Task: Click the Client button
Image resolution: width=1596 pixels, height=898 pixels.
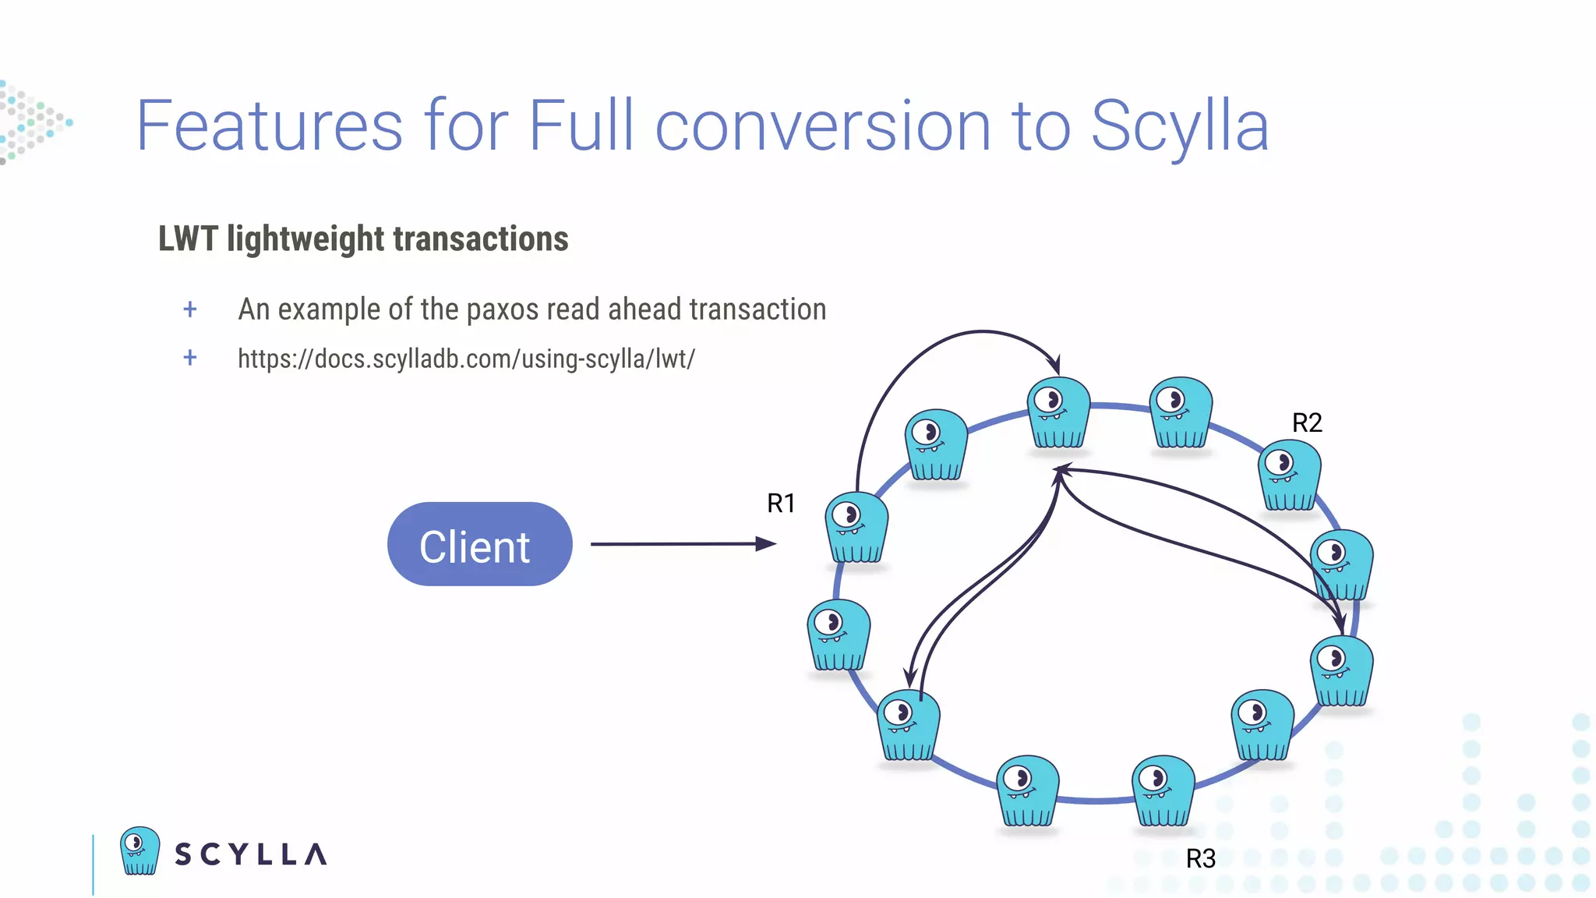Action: [479, 544]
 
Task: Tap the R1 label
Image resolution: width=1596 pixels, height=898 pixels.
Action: [781, 504]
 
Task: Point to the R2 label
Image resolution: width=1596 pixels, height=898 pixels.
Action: [1307, 423]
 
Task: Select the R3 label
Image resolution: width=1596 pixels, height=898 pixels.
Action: [1200, 859]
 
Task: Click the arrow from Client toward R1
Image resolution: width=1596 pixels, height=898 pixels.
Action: [682, 544]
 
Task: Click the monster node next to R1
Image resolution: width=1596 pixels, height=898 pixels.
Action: [856, 528]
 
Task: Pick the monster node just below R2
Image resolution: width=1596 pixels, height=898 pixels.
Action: [1289, 476]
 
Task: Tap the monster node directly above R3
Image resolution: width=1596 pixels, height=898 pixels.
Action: [1163, 791]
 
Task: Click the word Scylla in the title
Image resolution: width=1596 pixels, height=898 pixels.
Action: [1180, 126]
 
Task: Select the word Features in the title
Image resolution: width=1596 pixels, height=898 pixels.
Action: [270, 126]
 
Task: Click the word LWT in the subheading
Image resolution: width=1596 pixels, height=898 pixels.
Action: [188, 239]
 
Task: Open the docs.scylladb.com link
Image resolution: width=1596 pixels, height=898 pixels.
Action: [466, 359]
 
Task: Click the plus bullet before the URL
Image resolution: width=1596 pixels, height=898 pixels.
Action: [190, 358]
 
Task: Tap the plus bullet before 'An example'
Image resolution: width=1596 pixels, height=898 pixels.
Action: [190, 309]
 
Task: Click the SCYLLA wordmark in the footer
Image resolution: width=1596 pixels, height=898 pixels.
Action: [250, 854]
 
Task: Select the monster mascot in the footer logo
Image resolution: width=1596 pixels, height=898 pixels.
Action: [140, 850]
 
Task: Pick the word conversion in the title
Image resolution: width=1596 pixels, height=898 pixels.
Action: [823, 126]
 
